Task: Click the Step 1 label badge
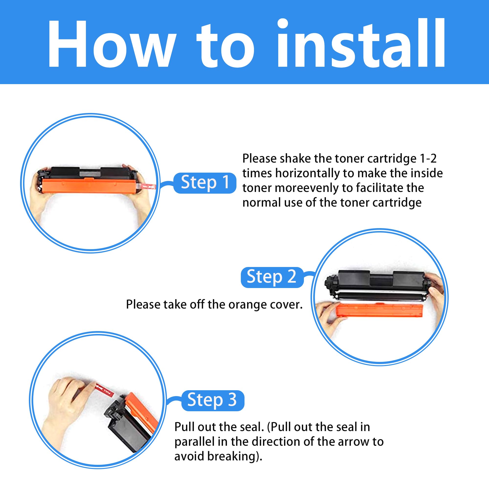[x=205, y=183]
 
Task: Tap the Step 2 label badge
[x=272, y=278]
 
